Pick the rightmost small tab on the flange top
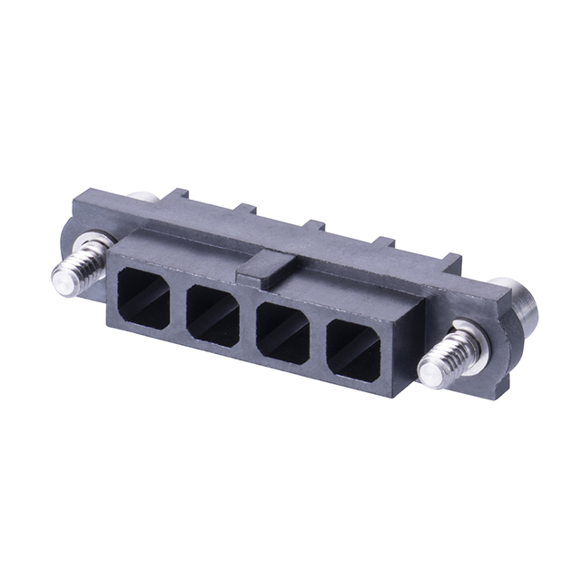tap(451, 261)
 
